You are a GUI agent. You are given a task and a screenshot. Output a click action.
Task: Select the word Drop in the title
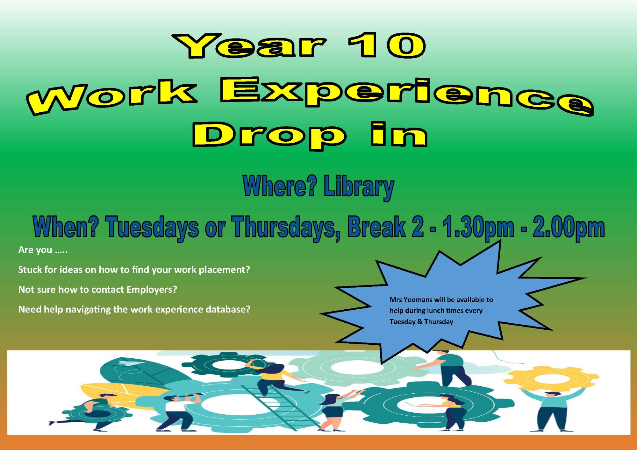pos(269,135)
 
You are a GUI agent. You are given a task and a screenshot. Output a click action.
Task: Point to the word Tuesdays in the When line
pos(152,227)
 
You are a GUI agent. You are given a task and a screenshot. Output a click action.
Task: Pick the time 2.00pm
pos(569,227)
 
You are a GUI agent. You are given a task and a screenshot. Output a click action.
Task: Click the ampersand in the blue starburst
pos(420,322)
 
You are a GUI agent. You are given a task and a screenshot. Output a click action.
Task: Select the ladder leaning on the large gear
pos(280,407)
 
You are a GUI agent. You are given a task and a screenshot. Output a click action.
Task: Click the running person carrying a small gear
pos(92,412)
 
